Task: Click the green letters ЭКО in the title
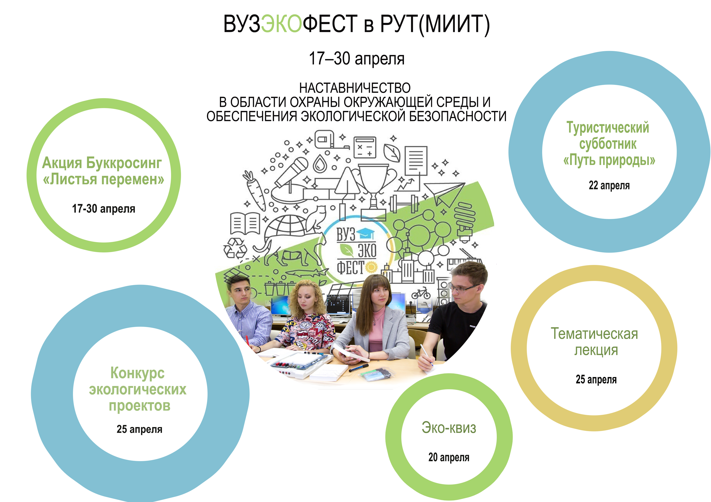click(x=281, y=24)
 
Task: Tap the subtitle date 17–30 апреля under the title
click(x=357, y=59)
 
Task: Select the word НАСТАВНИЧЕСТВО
click(x=355, y=88)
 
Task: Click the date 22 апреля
click(x=609, y=186)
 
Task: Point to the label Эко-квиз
click(x=449, y=428)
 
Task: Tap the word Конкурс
click(x=137, y=373)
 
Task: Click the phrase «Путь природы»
click(x=609, y=161)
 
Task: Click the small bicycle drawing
click(x=421, y=293)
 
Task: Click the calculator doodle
click(x=365, y=147)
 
